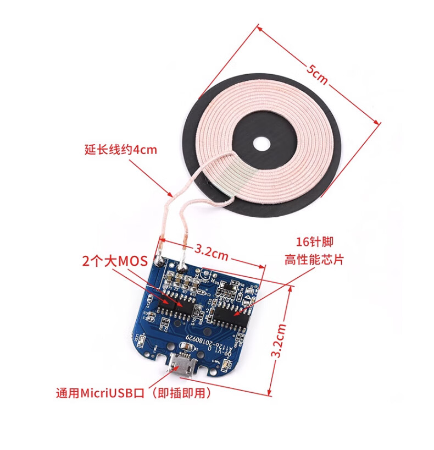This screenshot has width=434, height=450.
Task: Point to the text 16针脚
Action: pos(315,242)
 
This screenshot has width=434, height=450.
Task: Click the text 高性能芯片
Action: pos(314,259)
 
